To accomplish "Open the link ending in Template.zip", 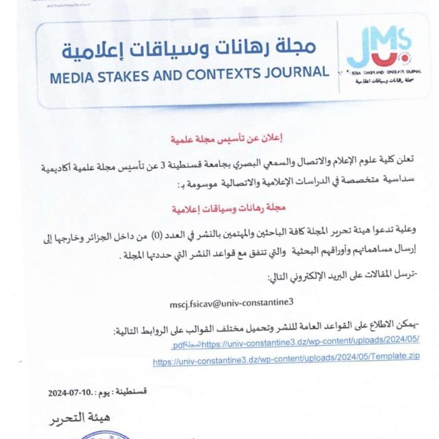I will [x=286, y=361].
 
